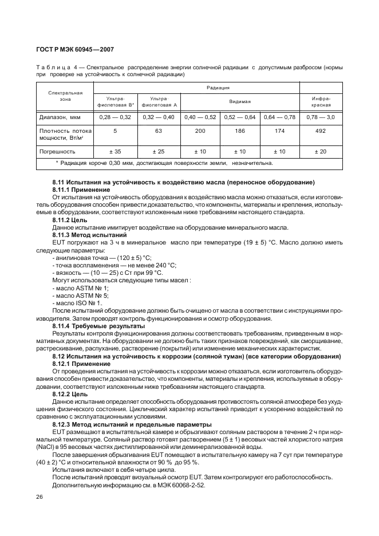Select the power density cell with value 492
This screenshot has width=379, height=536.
321,131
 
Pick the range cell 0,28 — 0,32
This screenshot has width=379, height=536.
115,117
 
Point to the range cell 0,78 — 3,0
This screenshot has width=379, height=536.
321,117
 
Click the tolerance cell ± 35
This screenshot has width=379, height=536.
115,152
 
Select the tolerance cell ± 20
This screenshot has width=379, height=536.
321,152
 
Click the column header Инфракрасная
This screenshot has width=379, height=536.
321,101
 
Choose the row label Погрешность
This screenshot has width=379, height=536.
57,152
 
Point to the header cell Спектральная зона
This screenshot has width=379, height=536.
65,96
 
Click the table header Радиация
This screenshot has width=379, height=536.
218,88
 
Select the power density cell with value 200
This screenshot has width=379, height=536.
200,131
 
